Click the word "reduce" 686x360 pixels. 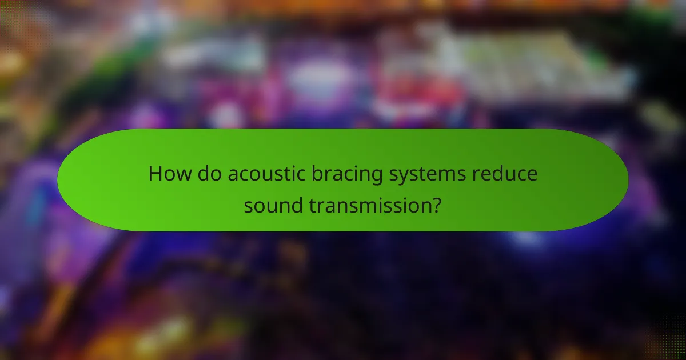(505, 174)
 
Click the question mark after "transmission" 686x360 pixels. (436, 204)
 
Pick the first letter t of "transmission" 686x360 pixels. (312, 204)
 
